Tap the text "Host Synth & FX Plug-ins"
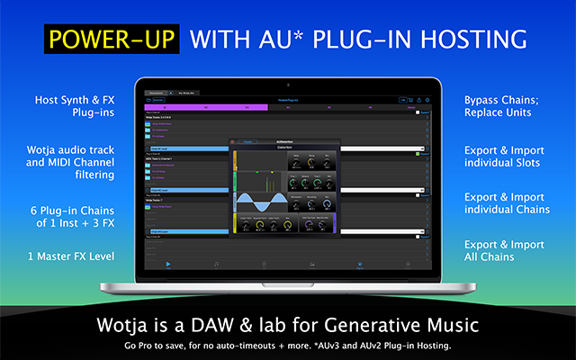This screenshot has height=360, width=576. point(74,107)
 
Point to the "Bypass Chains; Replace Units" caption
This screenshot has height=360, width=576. point(502,107)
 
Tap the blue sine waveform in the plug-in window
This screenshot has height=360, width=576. point(261,203)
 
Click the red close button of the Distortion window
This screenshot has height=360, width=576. point(231,141)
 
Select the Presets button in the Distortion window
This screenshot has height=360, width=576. point(247,141)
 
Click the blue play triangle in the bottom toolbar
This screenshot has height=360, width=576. point(167,264)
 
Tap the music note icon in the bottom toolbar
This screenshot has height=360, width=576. point(216,264)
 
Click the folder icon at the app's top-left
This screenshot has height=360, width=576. point(148,100)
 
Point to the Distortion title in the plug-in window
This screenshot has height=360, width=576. point(288,148)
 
